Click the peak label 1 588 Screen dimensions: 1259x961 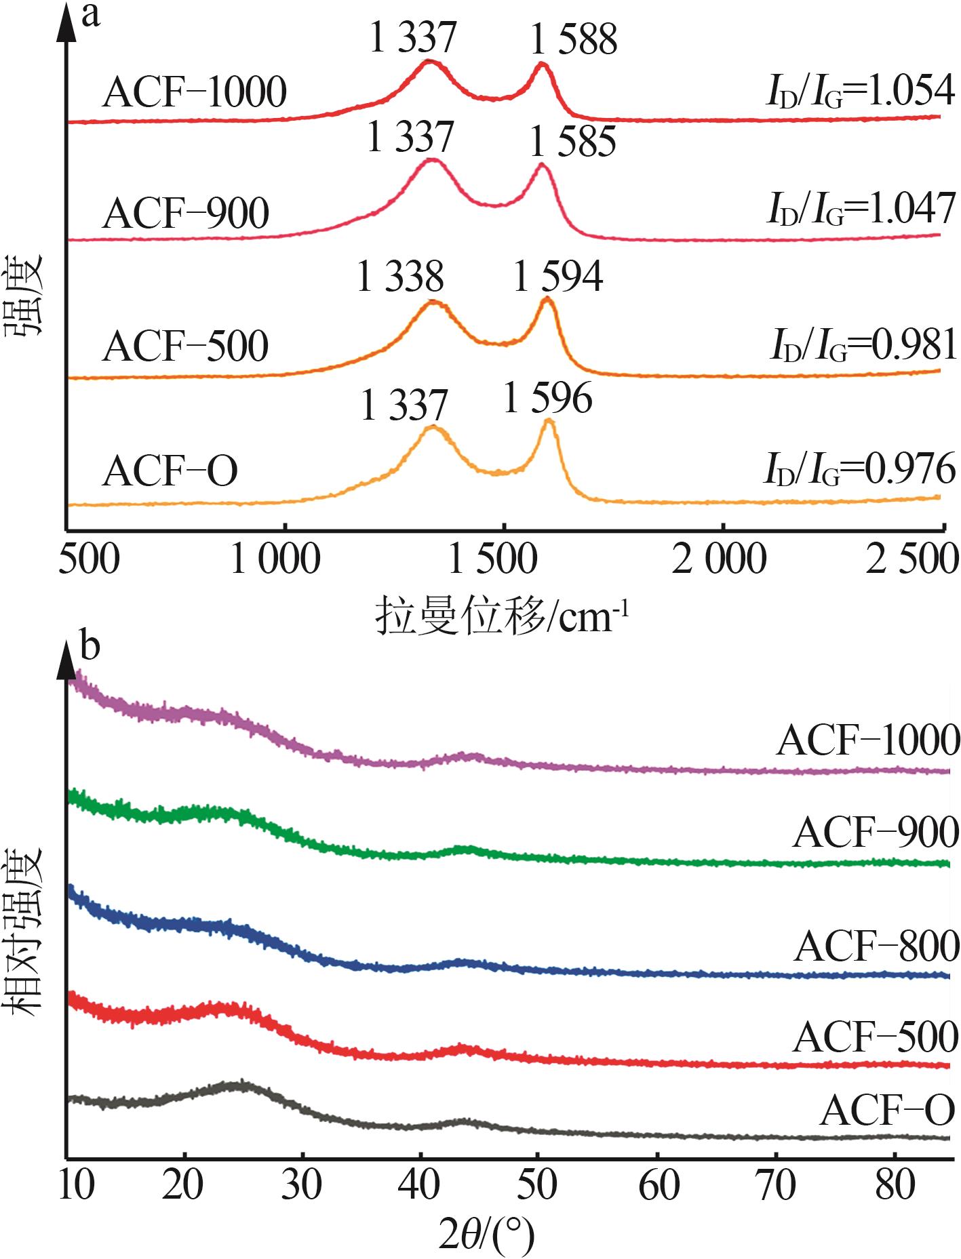pyautogui.click(x=574, y=39)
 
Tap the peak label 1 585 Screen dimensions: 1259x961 pyautogui.click(x=573, y=142)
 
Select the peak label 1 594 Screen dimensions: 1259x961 pyautogui.click(x=558, y=277)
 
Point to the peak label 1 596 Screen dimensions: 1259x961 pyautogui.click(x=548, y=398)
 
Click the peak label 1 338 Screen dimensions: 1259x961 pyautogui.click(x=400, y=277)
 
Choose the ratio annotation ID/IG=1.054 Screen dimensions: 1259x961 pyautogui.click(x=860, y=92)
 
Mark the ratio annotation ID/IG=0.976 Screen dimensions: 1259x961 pyautogui.click(x=859, y=469)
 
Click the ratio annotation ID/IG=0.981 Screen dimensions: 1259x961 pyautogui.click(x=863, y=345)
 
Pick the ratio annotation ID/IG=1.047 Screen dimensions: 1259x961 pyautogui.click(x=861, y=209)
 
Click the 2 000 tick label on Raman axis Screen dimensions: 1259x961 pyautogui.click(x=719, y=561)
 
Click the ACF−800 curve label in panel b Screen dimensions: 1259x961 pyautogui.click(x=877, y=946)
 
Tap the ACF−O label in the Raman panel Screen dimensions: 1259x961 pyautogui.click(x=170, y=471)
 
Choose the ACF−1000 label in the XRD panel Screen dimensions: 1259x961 pyautogui.click(x=868, y=740)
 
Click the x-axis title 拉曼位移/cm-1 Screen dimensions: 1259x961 pyautogui.click(x=503, y=616)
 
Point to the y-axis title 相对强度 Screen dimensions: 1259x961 pyautogui.click(x=26, y=922)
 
